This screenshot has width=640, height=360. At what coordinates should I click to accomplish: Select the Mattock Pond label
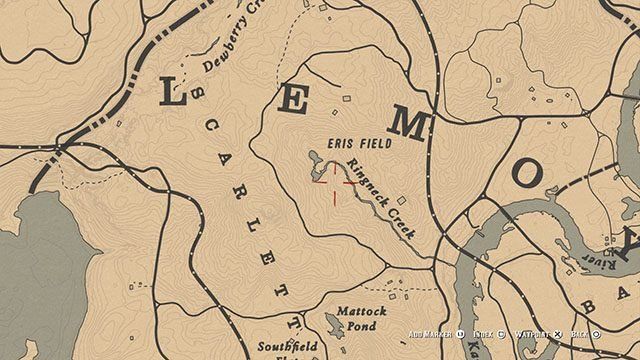tap(361, 317)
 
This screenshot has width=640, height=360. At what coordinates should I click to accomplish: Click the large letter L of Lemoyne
tap(173, 95)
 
